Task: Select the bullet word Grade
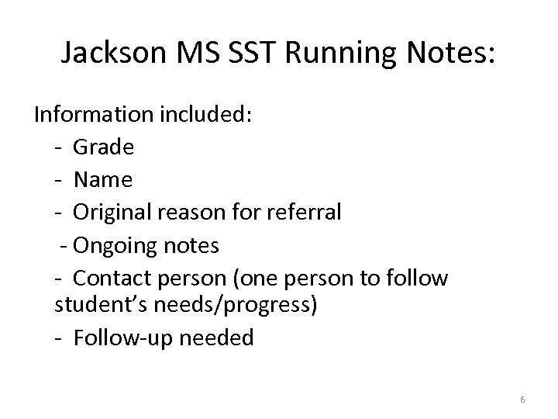pyautogui.click(x=104, y=147)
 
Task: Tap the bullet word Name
pyautogui.click(x=103, y=180)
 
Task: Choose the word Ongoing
pyautogui.click(x=115, y=246)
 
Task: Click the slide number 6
pyautogui.click(x=522, y=400)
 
